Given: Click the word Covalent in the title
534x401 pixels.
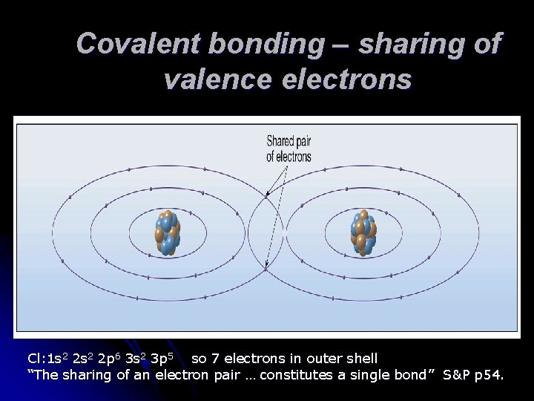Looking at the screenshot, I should [136, 44].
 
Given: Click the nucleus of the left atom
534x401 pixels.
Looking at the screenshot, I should [167, 232].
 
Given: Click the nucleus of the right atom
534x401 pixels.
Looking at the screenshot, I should [363, 232].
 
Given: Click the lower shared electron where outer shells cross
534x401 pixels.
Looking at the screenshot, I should [266, 269].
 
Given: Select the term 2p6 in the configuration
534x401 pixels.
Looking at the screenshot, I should [111, 359].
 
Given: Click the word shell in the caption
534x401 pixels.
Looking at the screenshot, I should [361, 359].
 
